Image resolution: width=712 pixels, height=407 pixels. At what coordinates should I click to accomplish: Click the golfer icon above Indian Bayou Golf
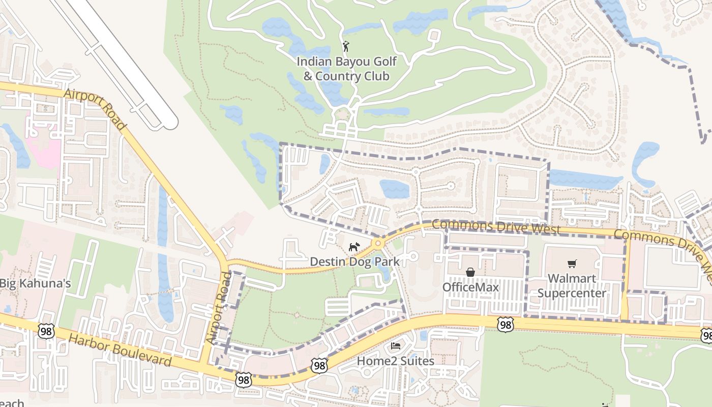pos(346,46)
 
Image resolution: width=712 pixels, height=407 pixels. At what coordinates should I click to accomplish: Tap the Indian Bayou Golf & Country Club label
pos(346,69)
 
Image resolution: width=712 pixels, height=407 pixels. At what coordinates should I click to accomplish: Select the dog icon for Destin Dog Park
pos(354,247)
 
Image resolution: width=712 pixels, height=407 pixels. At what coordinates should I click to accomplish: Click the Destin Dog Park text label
pos(354,262)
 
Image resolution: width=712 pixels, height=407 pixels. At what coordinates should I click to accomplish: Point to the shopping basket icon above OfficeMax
pos(470,273)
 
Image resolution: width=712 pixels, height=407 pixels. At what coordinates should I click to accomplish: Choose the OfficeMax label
pos(470,287)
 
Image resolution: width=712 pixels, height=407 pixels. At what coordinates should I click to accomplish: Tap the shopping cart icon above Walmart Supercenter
pos(572,264)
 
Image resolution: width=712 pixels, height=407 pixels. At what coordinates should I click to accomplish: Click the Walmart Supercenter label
pos(572,286)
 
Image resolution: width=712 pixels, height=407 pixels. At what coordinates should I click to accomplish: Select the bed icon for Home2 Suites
pos(396,346)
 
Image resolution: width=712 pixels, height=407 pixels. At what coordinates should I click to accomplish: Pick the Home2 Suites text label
pos(396,361)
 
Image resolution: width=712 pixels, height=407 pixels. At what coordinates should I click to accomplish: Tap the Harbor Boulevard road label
pos(120,350)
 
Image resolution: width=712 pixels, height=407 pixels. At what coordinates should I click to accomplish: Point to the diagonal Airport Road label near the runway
pos(95,109)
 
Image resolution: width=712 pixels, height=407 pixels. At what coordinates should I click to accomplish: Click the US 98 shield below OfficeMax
pos(505,325)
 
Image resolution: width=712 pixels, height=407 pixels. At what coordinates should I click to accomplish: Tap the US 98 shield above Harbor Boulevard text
pos(46,331)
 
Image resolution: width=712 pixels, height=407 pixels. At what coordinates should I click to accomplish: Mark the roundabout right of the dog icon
pos(377,244)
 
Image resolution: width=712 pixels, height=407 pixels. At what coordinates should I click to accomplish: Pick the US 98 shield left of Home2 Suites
pos(319,365)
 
